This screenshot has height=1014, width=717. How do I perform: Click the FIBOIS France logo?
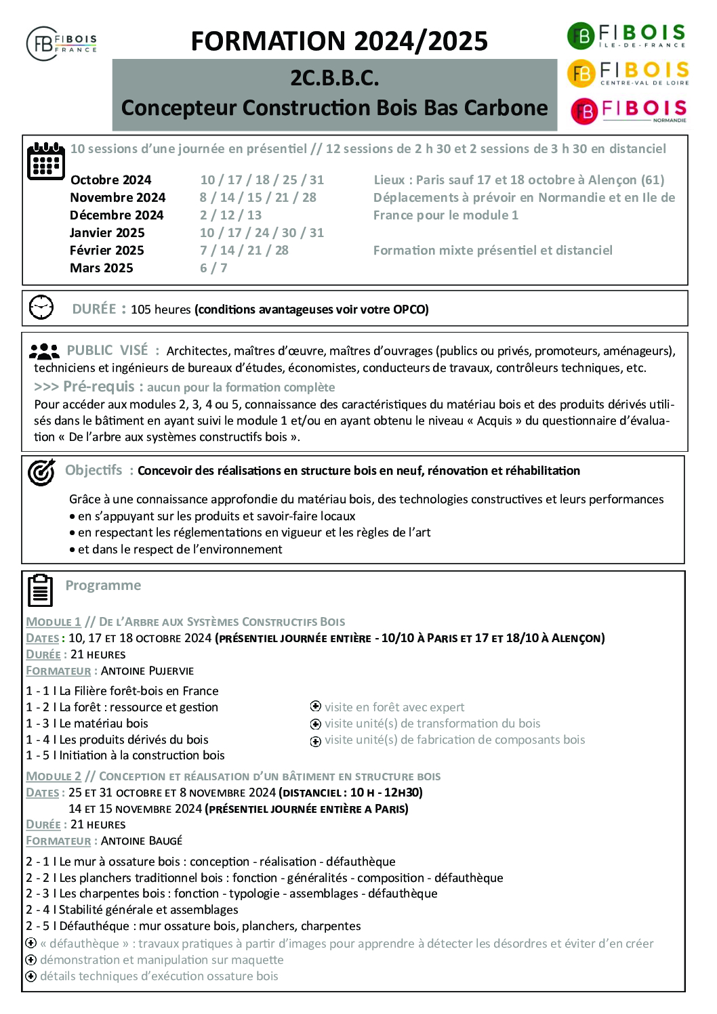pos(62,43)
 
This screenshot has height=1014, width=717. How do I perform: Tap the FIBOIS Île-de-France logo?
pos(627,35)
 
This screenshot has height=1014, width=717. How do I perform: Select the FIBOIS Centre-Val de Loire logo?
pos(628,73)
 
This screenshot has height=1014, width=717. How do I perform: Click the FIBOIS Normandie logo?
pos(628,111)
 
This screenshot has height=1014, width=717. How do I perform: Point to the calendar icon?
pos(46,161)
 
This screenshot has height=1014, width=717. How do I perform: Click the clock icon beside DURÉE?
pos(41,308)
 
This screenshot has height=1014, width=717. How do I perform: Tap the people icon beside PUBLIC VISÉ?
pos(45,351)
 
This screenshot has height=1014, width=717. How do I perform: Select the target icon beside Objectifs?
pos(41,471)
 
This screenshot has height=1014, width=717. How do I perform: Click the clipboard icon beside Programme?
pos(40,590)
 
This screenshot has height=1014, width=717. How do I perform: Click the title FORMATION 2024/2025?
pos(339,41)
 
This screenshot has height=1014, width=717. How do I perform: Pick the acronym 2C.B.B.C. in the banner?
pos(335,79)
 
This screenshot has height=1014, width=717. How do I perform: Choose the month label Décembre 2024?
pos(117,215)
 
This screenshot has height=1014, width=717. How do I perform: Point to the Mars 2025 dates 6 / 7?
pos(213,268)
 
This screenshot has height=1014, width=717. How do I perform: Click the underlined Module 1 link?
pos(54,622)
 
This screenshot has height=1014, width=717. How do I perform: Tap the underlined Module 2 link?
pos(54,776)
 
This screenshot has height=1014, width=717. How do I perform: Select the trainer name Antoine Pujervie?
pos(147,671)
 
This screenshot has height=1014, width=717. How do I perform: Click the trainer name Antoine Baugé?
pos(142,841)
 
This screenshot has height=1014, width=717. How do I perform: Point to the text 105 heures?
pos(161,310)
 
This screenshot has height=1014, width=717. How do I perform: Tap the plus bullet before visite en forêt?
pos(315,707)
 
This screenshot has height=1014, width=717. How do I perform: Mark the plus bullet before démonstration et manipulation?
pos(30,960)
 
